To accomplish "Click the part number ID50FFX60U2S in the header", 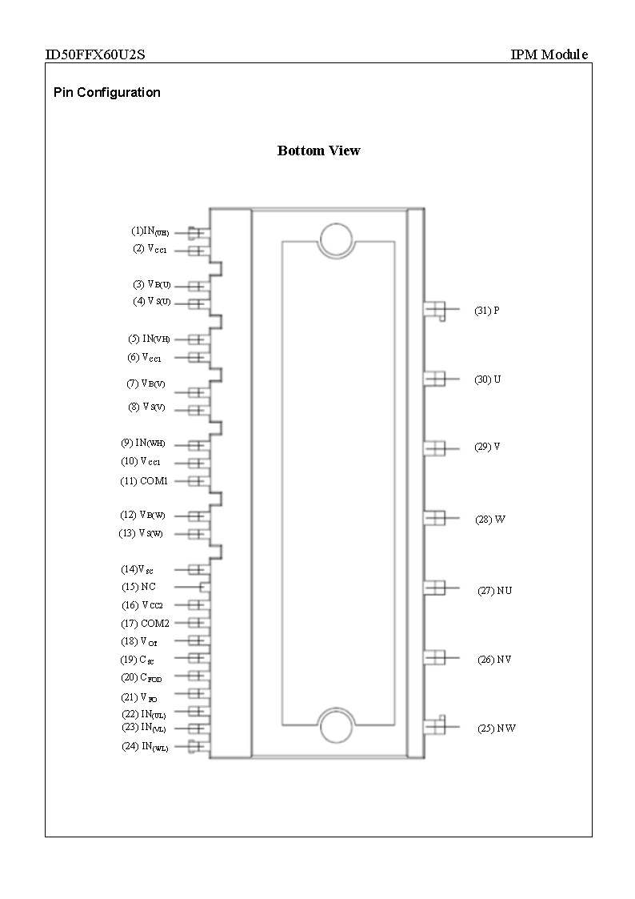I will (x=94, y=54).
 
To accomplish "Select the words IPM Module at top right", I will (x=549, y=54).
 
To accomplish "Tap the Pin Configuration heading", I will (x=106, y=92).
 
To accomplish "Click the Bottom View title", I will (x=318, y=151).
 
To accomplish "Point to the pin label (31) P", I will (x=486, y=311).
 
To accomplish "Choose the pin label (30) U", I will (x=488, y=379).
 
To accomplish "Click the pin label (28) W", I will (x=489, y=520).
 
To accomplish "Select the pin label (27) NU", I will (x=494, y=591).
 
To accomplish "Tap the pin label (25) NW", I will (x=496, y=728).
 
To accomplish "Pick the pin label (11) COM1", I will (x=144, y=481).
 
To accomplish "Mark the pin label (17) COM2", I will (x=145, y=623).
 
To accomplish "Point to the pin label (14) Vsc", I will (x=137, y=569).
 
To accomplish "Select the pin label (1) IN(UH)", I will (x=150, y=231).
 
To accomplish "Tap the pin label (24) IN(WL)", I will (x=145, y=747).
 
